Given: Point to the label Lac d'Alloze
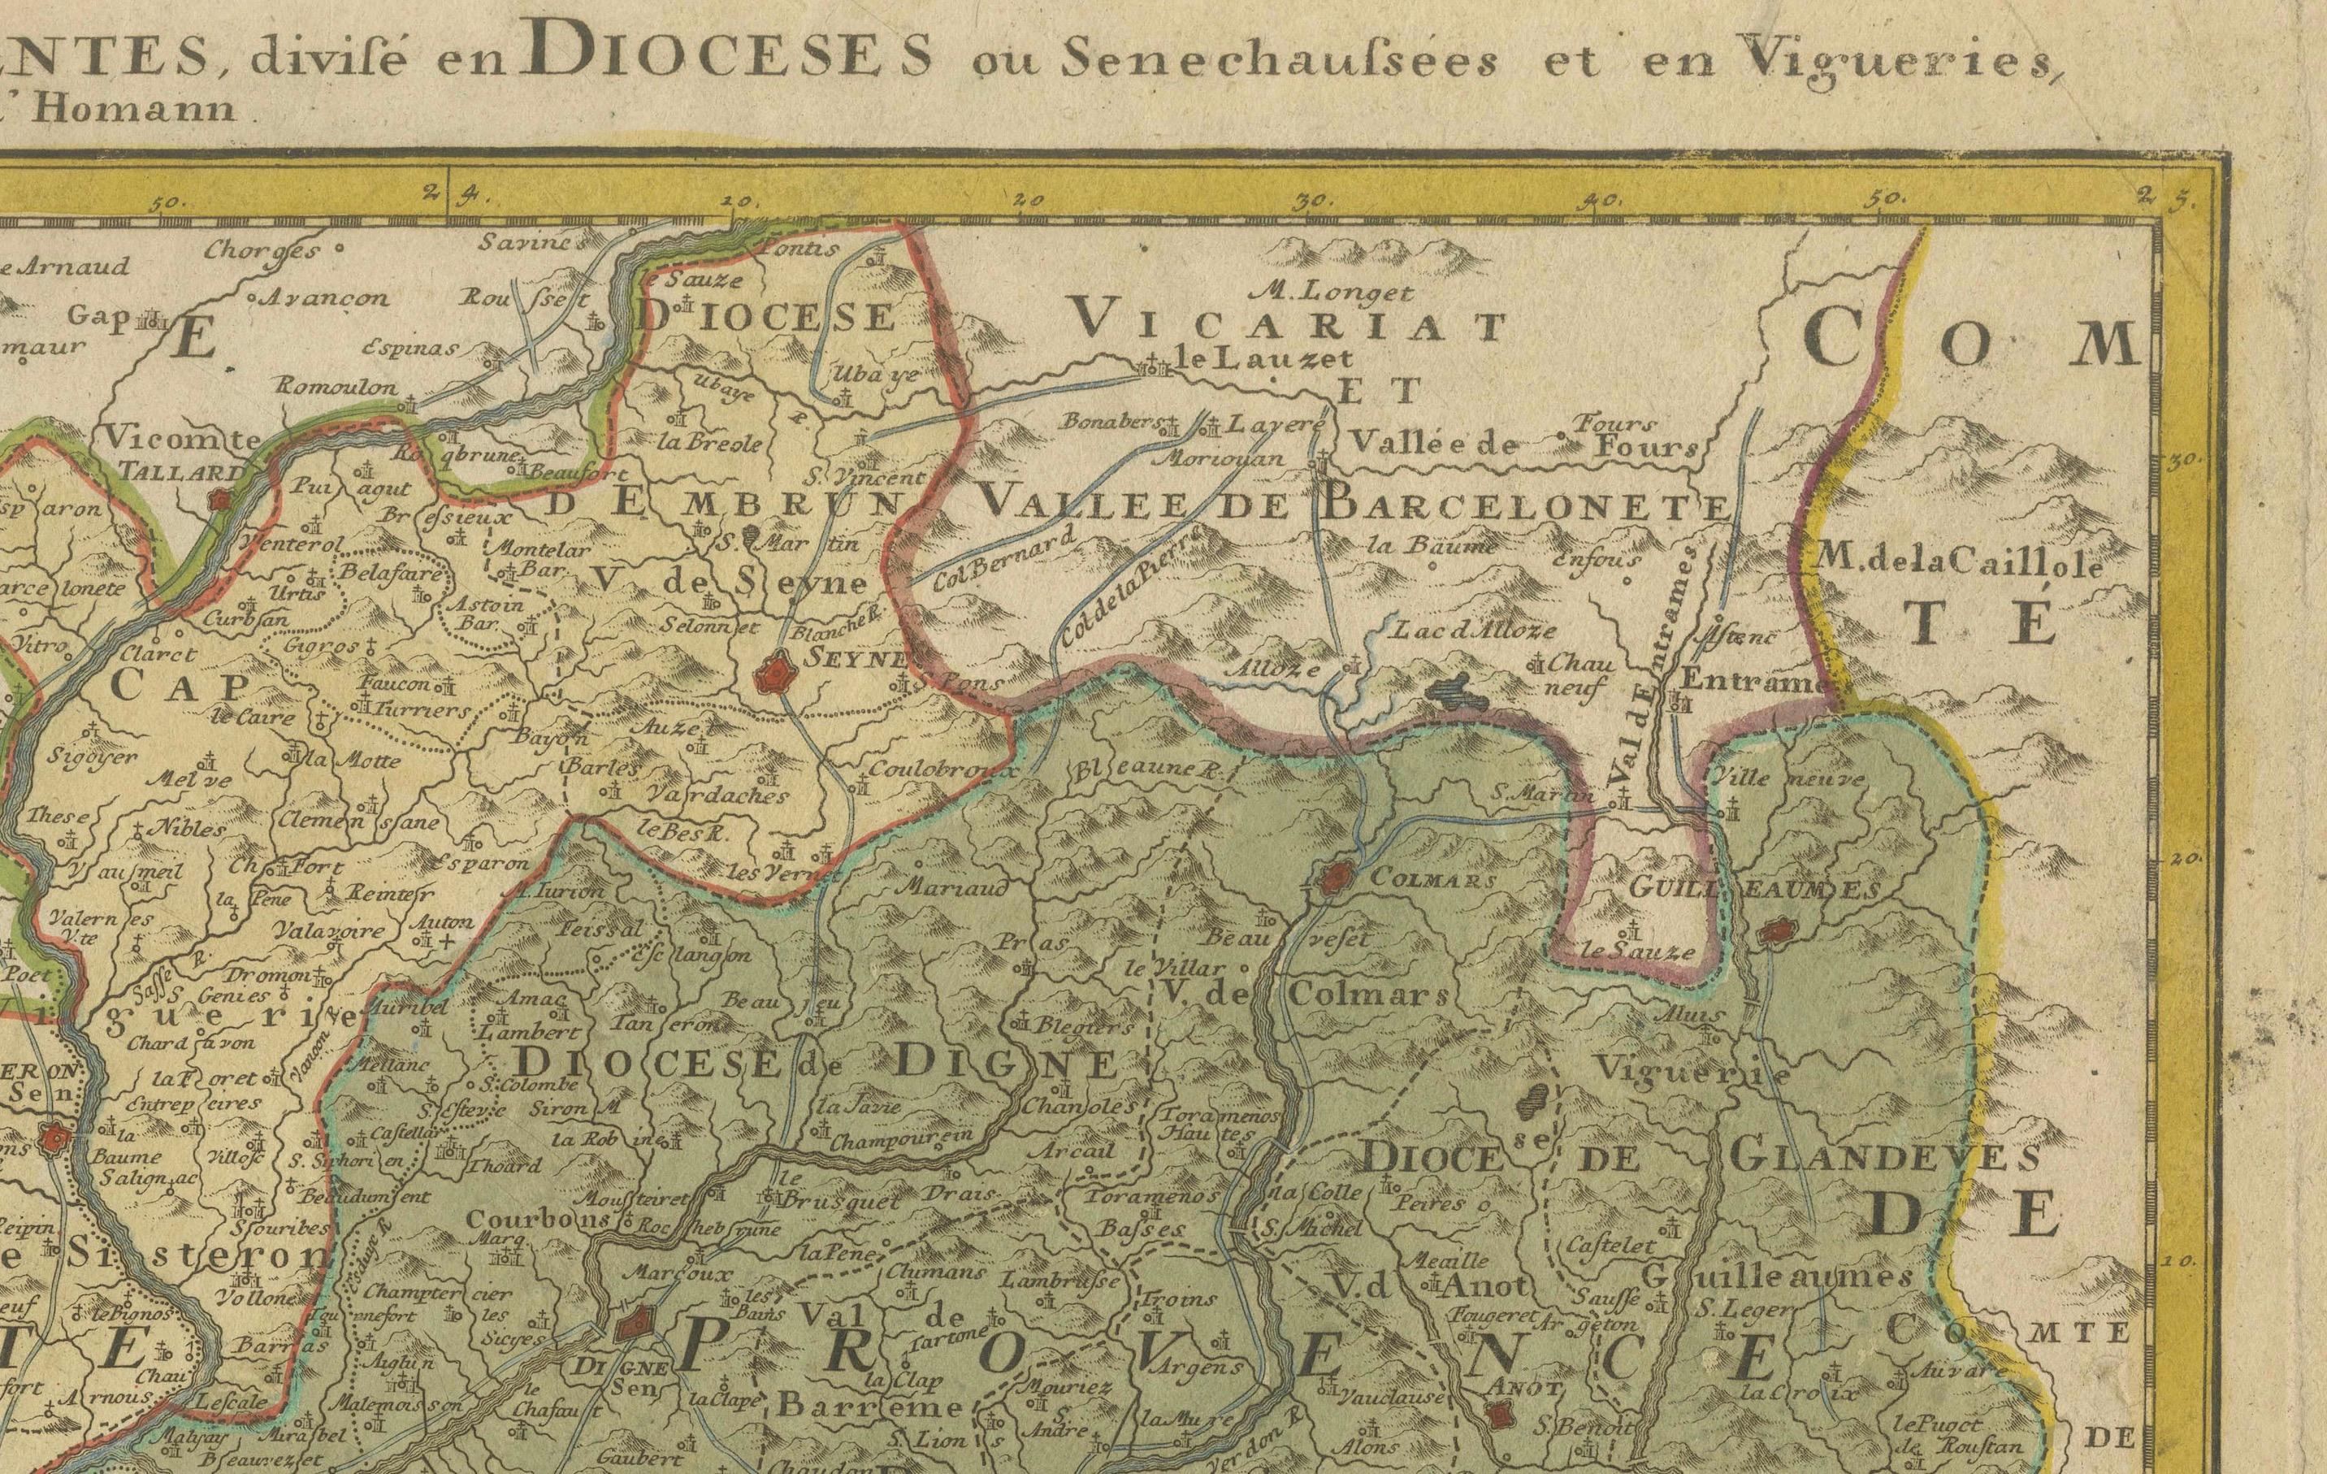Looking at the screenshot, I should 1474,631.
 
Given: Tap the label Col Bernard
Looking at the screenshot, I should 1004,563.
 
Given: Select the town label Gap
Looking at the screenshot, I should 102,315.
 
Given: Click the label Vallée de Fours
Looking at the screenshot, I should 1522,444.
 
